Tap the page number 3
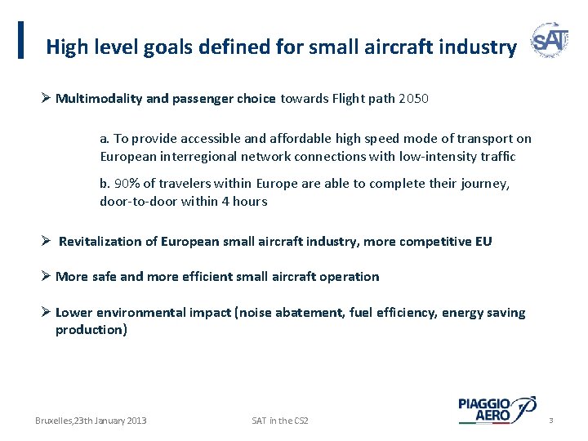(x=551, y=421)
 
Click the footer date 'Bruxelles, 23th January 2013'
(x=91, y=421)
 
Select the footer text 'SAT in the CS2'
(x=280, y=421)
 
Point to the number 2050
(x=413, y=99)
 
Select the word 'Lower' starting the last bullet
(x=73, y=312)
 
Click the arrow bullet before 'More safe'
(x=47, y=276)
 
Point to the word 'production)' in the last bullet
(x=91, y=329)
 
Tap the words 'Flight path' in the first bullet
(x=362, y=99)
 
